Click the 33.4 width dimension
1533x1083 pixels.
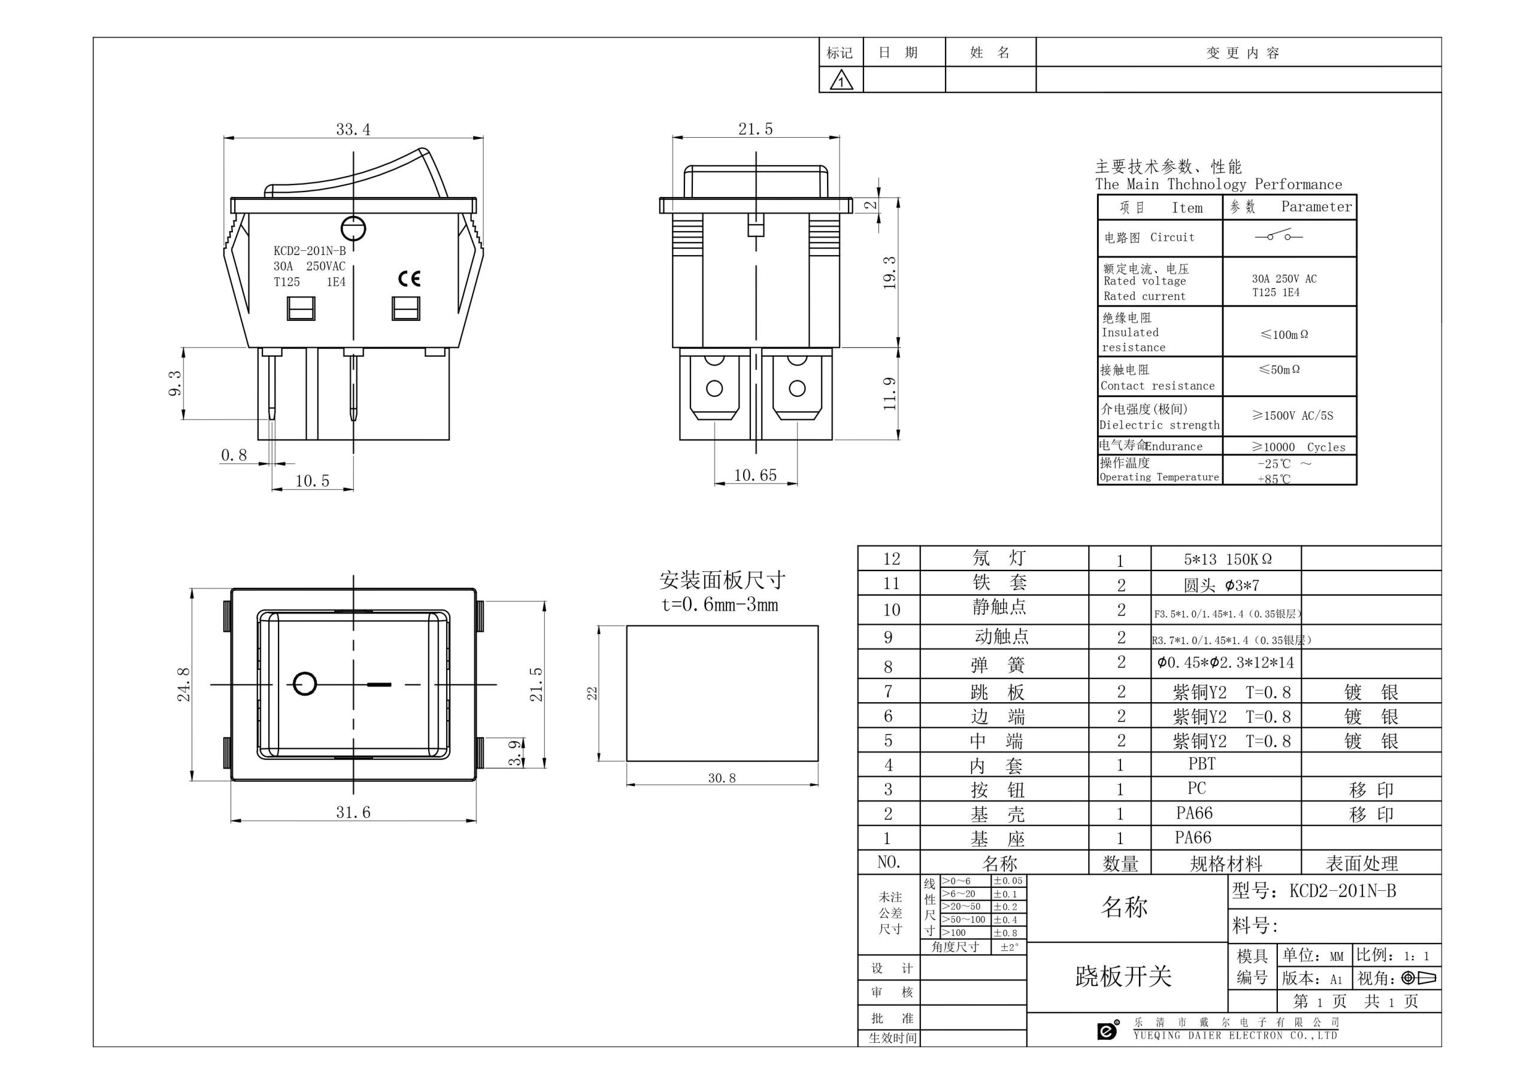(x=353, y=129)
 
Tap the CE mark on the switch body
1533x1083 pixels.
(x=409, y=278)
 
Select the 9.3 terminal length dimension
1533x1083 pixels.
(x=175, y=383)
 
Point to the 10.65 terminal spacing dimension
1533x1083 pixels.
(x=755, y=475)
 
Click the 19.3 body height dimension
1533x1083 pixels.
(x=889, y=272)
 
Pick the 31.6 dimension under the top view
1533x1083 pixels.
(x=353, y=812)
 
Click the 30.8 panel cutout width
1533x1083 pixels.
(x=722, y=778)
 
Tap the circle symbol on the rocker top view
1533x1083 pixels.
(x=305, y=684)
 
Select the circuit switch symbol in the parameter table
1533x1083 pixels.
(x=1278, y=236)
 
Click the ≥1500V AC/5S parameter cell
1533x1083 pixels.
(x=1292, y=415)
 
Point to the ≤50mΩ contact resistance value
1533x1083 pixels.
(x=1279, y=369)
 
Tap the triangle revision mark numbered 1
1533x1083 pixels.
(x=841, y=81)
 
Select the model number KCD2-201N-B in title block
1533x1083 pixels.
(x=1343, y=891)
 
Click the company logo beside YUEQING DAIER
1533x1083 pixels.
(x=1108, y=1030)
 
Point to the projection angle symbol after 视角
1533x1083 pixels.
(x=1419, y=978)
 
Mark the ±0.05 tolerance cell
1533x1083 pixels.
(x=1008, y=881)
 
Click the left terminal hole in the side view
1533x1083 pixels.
(x=714, y=388)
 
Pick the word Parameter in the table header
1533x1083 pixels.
(x=1317, y=207)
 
